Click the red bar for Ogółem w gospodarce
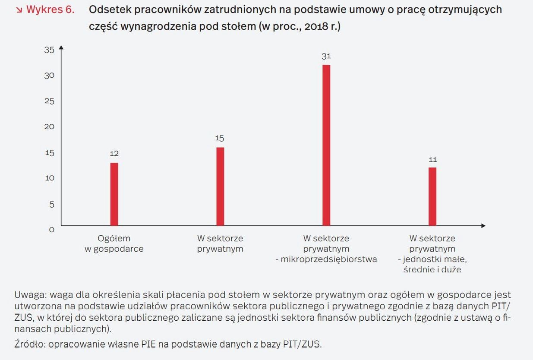[x=114, y=194]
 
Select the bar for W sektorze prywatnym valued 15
[x=220, y=186]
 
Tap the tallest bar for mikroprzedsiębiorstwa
[x=326, y=145]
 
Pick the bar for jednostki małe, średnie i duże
[x=432, y=196]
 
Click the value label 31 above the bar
[x=326, y=56]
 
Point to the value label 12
[x=114, y=154]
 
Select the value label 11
[x=432, y=160]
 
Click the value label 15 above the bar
[x=220, y=139]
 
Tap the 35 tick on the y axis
[x=50, y=50]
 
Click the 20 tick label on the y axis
[x=50, y=127]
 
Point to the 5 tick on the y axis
[x=52, y=204]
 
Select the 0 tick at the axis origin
[x=52, y=230]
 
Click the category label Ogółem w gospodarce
[x=114, y=244]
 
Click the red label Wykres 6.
[x=50, y=10]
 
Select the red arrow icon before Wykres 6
[x=19, y=10]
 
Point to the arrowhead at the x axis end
[x=483, y=226]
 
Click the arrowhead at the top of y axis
[x=61, y=47]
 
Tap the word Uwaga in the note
[x=30, y=295]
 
